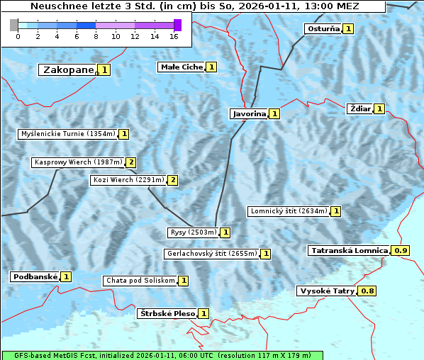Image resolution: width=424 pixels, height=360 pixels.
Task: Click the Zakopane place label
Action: [68, 69]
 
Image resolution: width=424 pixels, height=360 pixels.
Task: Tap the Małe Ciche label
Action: [182, 67]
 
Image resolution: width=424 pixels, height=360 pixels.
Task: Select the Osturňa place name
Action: [322, 29]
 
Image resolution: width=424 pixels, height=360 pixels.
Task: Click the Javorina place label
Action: [249, 113]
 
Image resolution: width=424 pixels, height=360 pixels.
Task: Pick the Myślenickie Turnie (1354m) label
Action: [67, 134]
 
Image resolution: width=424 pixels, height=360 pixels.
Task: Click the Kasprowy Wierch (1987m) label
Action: [78, 162]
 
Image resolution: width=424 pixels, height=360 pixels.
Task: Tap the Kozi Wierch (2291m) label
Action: [128, 180]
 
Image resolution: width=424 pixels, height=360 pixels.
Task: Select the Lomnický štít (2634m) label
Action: [289, 211]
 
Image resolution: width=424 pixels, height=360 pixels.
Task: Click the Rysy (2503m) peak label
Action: [193, 232]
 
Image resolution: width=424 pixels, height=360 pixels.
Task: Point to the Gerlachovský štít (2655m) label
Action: [211, 254]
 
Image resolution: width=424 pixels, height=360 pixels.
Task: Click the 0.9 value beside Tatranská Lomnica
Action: [401, 251]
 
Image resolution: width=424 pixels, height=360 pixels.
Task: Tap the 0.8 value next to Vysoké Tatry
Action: [367, 291]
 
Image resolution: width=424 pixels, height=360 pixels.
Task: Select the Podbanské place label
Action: [34, 276]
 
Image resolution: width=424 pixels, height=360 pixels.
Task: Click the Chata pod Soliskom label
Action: [139, 281]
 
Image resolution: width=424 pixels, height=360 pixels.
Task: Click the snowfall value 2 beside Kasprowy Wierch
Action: [131, 162]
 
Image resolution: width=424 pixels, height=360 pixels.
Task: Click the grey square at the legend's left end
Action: [14, 25]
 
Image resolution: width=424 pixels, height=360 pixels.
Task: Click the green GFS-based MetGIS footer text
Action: [162, 355]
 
